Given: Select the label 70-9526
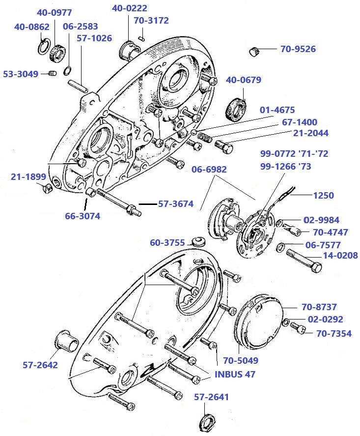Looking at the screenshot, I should point(298,49).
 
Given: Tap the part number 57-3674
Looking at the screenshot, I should point(175,203).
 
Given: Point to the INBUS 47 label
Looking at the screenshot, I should point(235,374).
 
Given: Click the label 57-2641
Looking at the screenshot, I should point(211,397).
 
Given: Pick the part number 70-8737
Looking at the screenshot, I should point(319,307).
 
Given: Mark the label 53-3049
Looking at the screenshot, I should point(21,74).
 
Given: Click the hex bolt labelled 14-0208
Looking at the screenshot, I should point(303,261).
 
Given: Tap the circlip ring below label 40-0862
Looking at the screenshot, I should point(43,47).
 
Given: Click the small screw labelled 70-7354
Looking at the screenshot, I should point(298,326).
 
